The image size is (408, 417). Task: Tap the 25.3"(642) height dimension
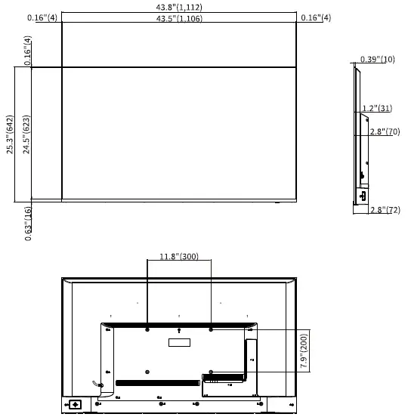click(x=10, y=134)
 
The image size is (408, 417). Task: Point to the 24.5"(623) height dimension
click(x=26, y=134)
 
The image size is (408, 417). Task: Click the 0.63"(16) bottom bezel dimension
click(x=28, y=223)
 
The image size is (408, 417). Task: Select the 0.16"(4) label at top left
click(x=42, y=17)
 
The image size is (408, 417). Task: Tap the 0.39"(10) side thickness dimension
click(x=378, y=59)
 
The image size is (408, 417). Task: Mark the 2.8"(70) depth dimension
click(x=385, y=131)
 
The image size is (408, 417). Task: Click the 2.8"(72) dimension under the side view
click(x=385, y=209)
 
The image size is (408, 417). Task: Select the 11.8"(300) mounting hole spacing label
click(x=178, y=257)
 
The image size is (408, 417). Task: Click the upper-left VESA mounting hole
click(x=147, y=329)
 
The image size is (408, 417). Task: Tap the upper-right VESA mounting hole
click(x=211, y=329)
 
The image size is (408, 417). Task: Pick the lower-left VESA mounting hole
click(x=147, y=372)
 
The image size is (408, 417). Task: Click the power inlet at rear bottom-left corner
click(x=76, y=404)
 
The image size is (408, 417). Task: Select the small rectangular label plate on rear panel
click(x=178, y=343)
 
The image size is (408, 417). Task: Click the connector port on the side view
click(x=363, y=195)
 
